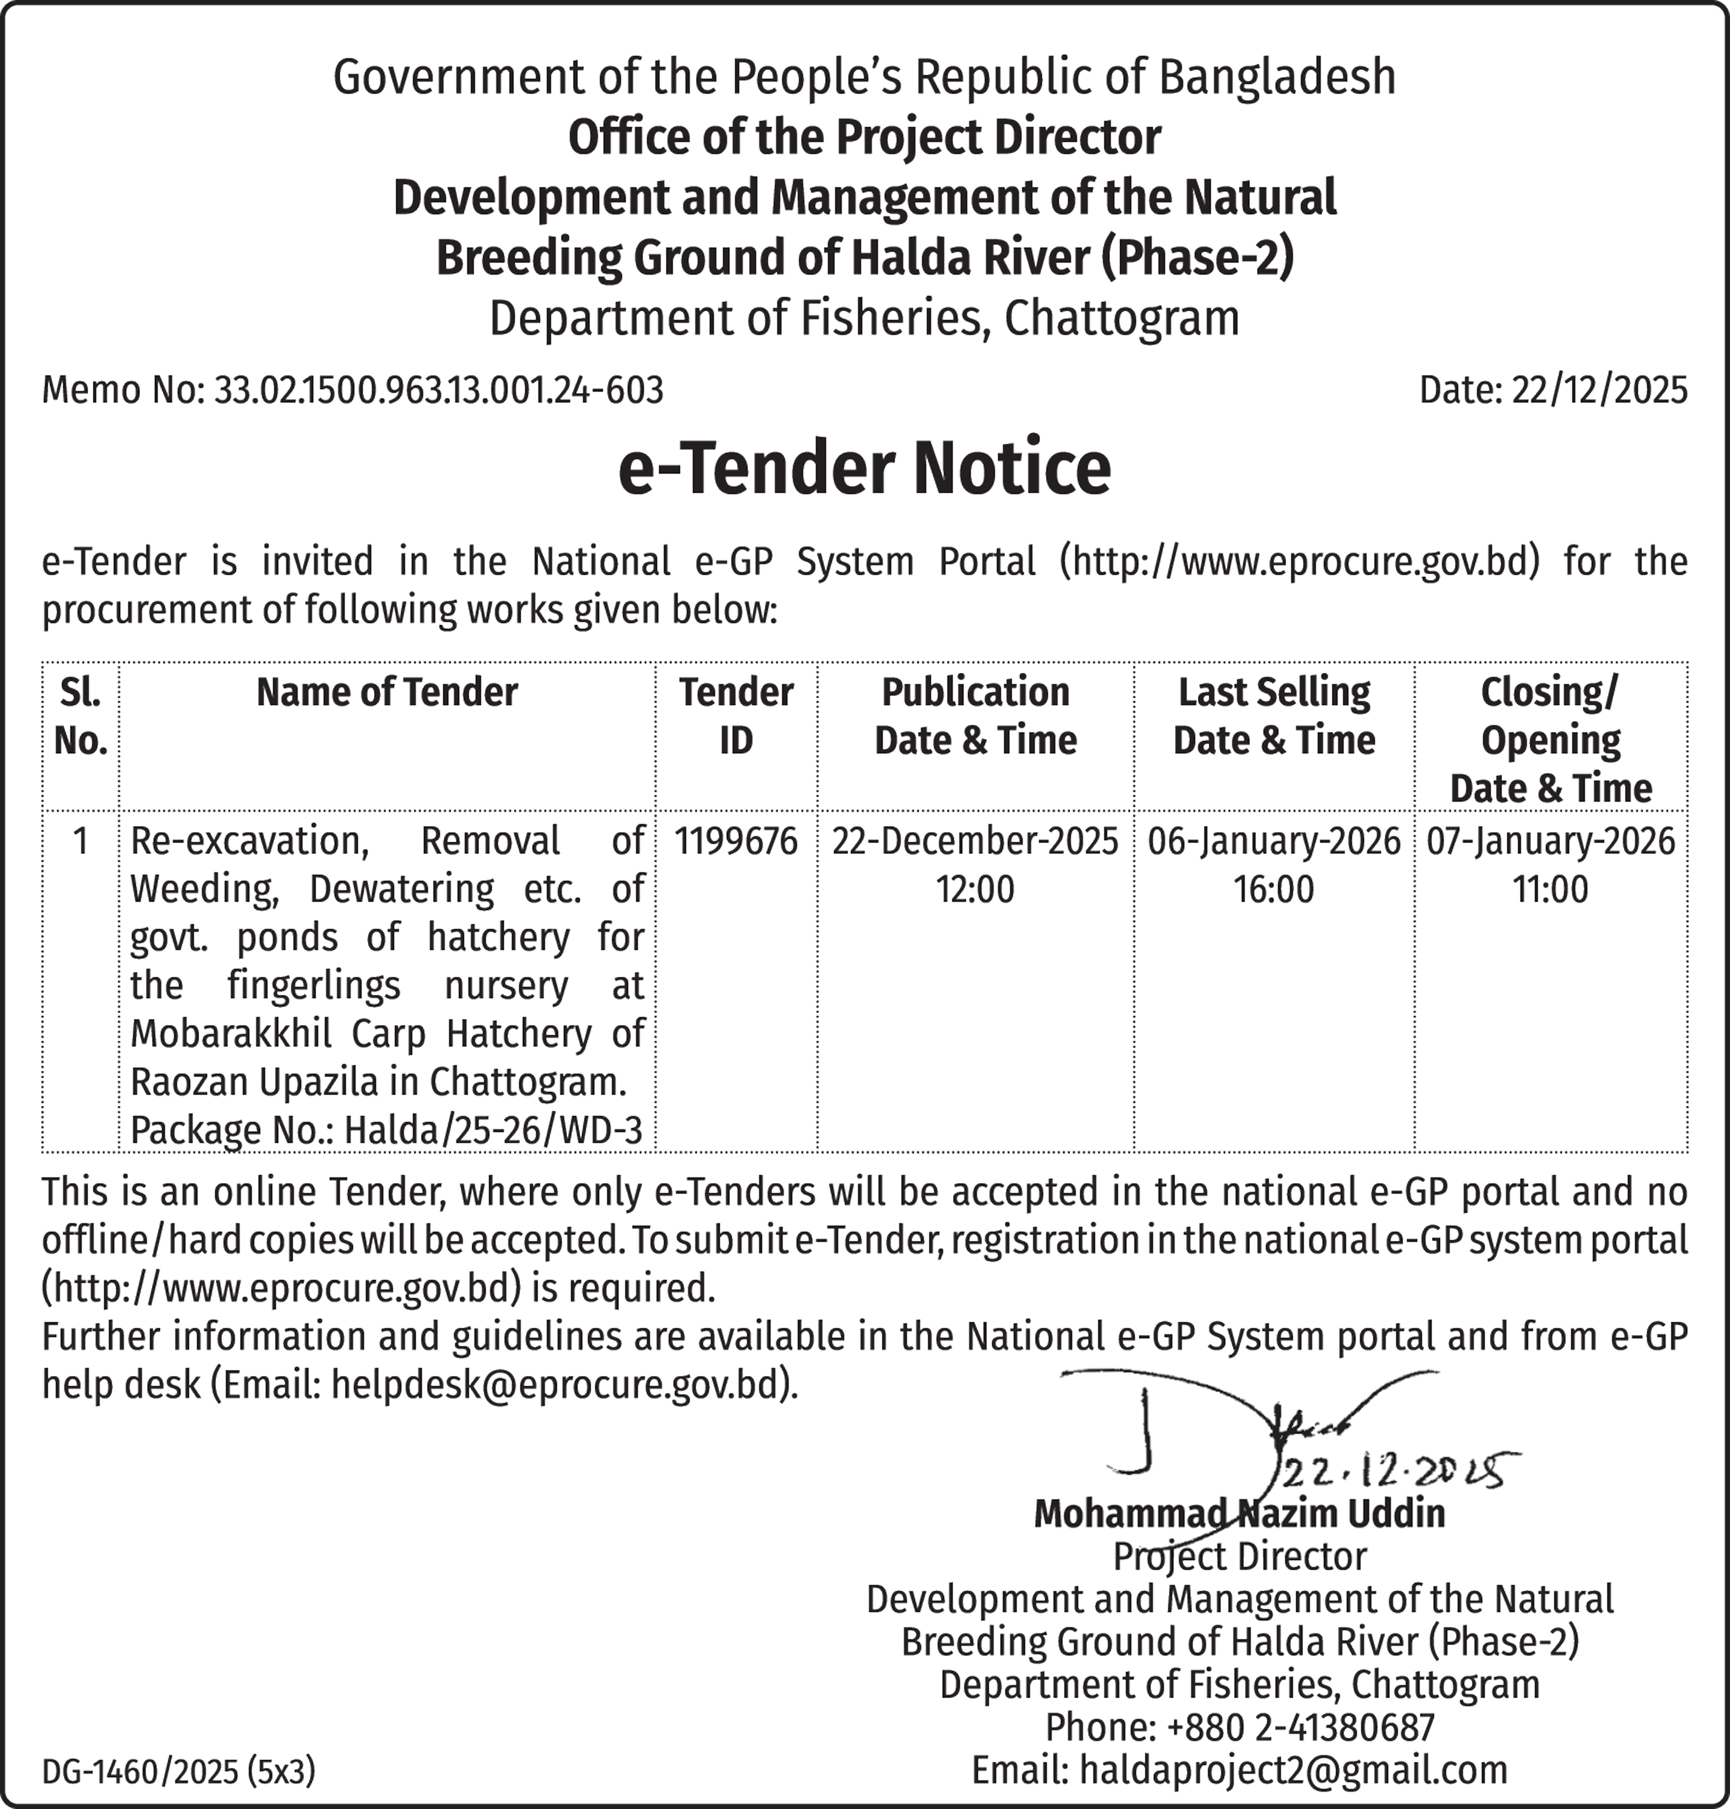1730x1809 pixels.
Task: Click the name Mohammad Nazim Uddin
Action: pyautogui.click(x=1239, y=1514)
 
